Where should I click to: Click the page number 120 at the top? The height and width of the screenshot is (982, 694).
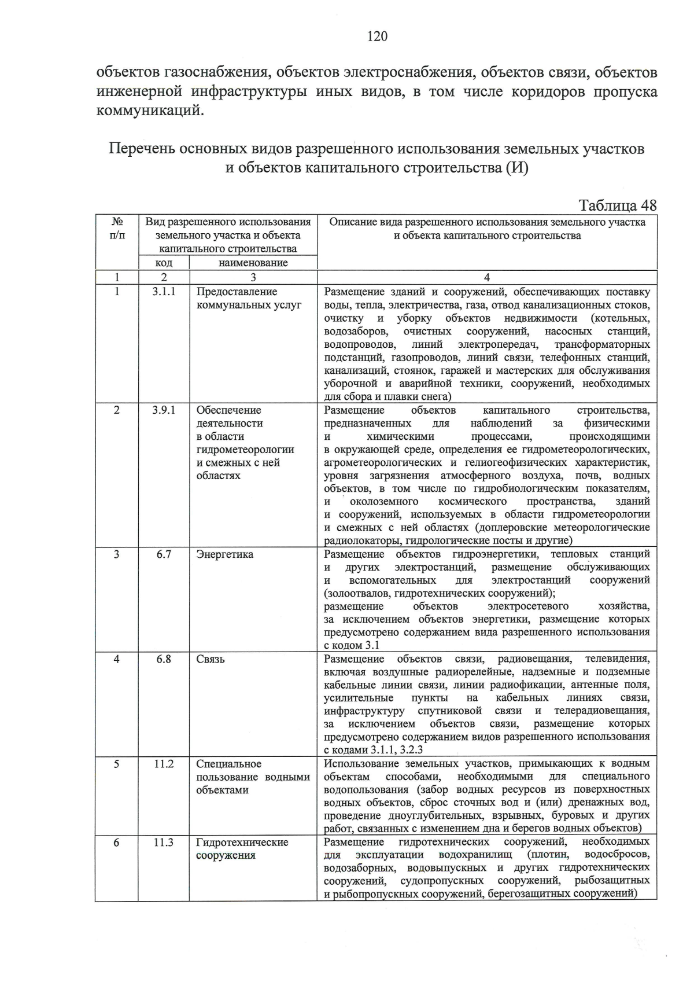pos(376,37)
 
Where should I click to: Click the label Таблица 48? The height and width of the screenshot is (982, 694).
pos(617,205)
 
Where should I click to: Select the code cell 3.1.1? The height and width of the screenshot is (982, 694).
pos(164,292)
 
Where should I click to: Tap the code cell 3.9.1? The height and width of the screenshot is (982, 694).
pos(164,410)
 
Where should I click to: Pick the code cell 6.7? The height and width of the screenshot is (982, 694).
pos(164,554)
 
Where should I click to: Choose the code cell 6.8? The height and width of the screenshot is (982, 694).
pos(164,659)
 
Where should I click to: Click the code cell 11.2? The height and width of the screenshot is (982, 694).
pos(164,764)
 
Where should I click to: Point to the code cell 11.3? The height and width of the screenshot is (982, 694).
pos(164,843)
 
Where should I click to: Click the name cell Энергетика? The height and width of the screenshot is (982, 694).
pos(225,554)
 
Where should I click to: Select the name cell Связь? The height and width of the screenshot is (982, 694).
pos(211,659)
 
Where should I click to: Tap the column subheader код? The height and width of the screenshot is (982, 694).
pos(164,263)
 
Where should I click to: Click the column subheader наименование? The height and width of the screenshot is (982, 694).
pos(253,263)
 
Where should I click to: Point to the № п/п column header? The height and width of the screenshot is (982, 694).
pos(117,229)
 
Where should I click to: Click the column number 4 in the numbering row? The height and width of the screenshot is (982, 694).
pos(487,278)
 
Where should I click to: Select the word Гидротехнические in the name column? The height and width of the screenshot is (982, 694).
pos(242,843)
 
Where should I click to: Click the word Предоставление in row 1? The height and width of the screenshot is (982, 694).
pos(237,292)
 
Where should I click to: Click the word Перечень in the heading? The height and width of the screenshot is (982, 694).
pos(142,149)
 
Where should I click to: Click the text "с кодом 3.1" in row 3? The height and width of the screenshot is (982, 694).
pos(352,645)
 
